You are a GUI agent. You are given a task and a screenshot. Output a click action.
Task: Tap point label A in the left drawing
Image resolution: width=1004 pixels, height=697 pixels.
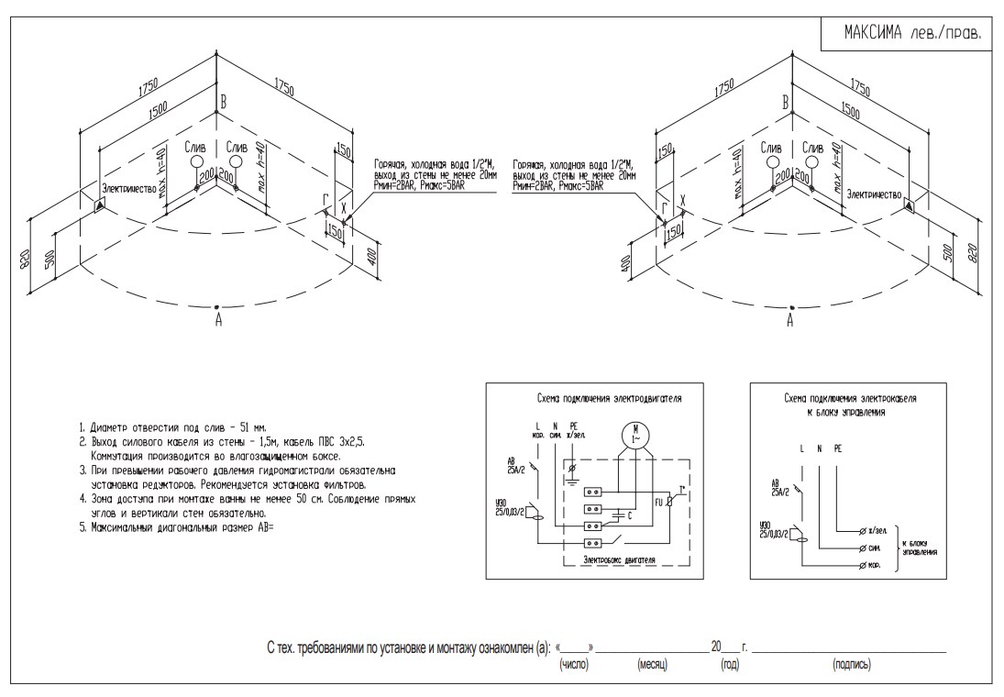click(x=217, y=320)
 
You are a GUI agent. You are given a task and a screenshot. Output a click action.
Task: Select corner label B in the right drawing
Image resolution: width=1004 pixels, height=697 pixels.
click(x=786, y=103)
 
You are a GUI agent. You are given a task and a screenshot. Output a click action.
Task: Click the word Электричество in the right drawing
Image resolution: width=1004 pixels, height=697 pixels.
click(x=873, y=194)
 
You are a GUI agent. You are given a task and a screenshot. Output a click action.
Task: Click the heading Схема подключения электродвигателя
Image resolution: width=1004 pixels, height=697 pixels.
click(x=609, y=400)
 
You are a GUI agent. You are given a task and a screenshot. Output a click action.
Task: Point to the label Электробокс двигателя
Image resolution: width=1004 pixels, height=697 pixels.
click(x=611, y=557)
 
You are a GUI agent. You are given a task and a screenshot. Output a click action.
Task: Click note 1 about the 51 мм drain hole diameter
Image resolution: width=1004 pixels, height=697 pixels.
click(x=175, y=428)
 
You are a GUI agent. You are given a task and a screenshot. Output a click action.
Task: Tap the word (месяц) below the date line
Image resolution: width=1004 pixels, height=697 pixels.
click(x=652, y=662)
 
